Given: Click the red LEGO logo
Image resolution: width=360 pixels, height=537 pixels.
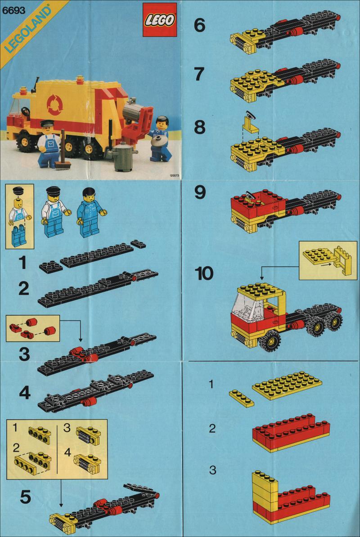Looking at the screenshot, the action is click(160, 20).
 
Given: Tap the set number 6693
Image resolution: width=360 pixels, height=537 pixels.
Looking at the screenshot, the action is click(13, 11).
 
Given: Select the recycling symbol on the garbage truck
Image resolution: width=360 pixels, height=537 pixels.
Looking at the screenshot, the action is click(53, 104).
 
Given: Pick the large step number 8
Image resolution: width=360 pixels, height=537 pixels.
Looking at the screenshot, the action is click(200, 127).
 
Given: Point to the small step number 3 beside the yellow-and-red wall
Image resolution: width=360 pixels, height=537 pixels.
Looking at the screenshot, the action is click(213, 470).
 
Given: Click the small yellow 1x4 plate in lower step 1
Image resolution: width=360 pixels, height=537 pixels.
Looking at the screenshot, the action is click(242, 398).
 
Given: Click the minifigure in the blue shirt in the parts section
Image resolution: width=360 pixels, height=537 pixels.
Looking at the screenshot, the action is click(90, 212).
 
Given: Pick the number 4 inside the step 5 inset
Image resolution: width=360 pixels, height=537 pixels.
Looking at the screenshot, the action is click(67, 452).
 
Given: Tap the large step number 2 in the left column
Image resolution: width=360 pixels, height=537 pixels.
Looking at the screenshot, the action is click(24, 289).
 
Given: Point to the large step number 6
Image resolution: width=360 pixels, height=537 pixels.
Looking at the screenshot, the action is click(200, 25).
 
